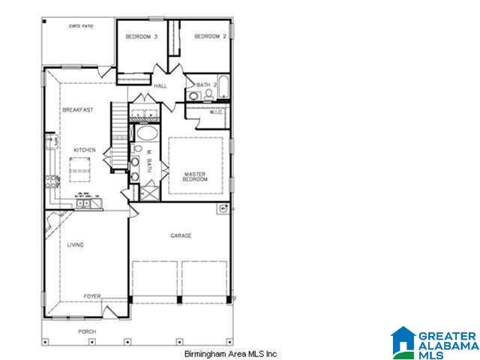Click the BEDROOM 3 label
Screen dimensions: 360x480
pos(141,37)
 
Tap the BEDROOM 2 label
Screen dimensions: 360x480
pos(210,36)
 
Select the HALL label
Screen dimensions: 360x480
pos(160,86)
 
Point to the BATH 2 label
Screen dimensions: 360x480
pos(207,85)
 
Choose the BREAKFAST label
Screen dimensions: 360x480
pos(77,110)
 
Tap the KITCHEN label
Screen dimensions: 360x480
pos(84,151)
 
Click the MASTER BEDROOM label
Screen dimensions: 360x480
pos(195,177)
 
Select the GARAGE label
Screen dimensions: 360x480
pos(181,235)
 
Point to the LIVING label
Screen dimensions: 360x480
pos(75,245)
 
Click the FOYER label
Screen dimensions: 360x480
pos(91,296)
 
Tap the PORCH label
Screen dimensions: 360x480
pos(87,331)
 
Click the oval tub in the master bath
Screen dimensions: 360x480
pos(145,136)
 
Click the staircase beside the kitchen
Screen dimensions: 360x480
pos(120,120)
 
